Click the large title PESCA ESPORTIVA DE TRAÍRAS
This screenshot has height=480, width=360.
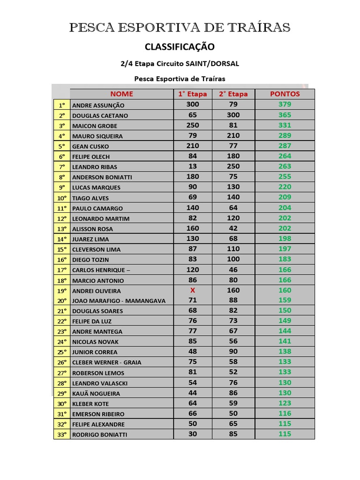point(180,28)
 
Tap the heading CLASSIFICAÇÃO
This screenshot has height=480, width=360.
point(180,47)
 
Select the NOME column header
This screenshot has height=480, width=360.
point(122,94)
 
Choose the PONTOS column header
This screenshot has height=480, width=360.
point(285,94)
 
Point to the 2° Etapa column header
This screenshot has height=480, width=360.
point(233,94)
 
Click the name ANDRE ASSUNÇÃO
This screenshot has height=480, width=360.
point(98,105)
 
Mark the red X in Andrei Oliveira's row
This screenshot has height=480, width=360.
point(192,290)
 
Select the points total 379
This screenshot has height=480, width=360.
point(285,105)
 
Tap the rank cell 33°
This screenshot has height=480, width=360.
point(62,435)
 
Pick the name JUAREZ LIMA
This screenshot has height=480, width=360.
point(90,239)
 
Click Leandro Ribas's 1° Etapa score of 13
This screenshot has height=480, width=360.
point(192,166)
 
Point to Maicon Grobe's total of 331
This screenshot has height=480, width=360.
point(285,125)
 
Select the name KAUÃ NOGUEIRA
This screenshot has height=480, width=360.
point(96,393)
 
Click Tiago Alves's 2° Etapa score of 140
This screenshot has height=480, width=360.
point(233,197)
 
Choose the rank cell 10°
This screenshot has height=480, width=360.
point(62,198)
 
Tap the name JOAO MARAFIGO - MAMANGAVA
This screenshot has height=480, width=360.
point(119,301)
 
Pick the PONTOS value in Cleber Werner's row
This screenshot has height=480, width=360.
point(285,361)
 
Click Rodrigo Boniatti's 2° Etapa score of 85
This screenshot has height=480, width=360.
point(233,434)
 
